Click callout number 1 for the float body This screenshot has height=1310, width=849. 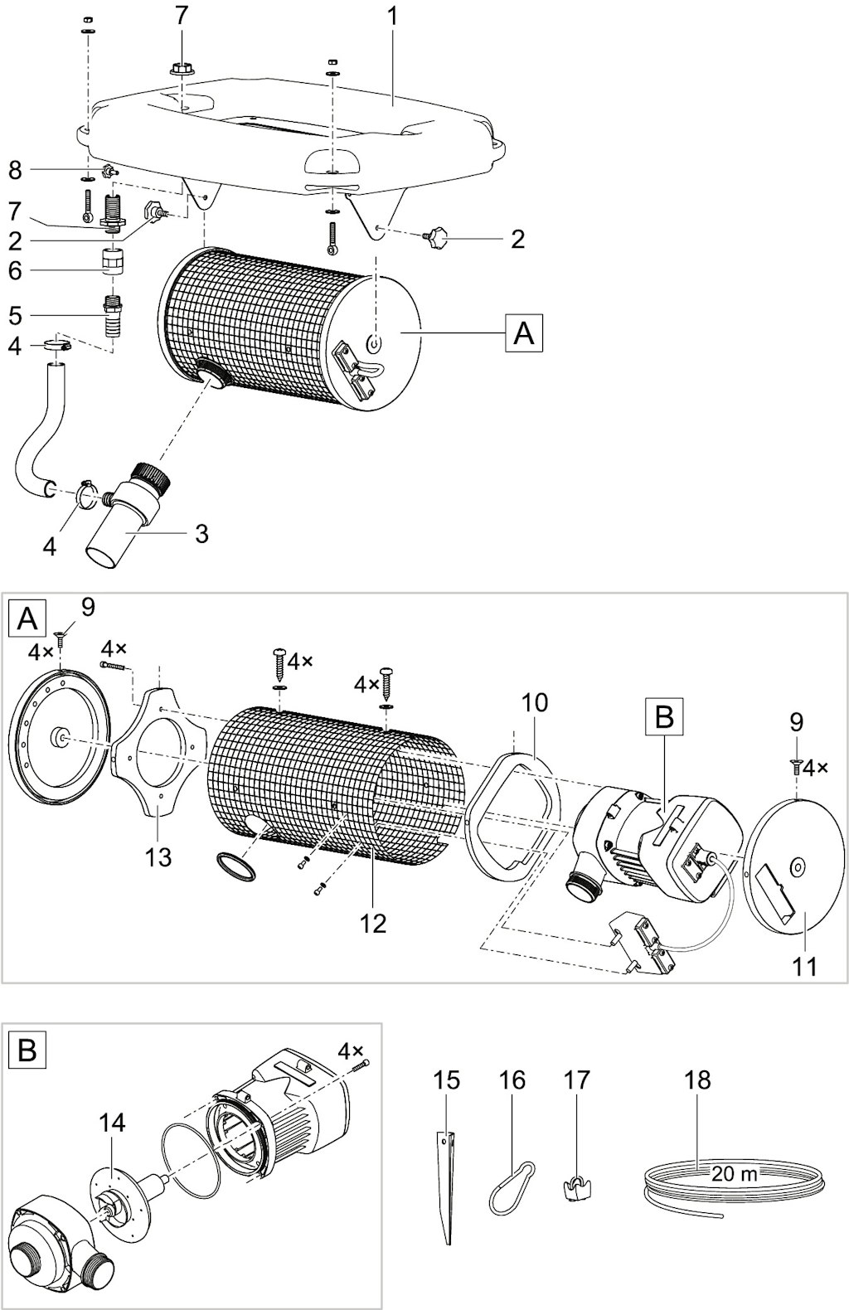click(392, 17)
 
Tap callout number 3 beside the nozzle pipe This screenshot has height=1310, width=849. click(201, 533)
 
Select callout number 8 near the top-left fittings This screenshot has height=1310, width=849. click(15, 171)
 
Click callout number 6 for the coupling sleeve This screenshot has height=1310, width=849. click(15, 271)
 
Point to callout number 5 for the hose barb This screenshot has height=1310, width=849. click(15, 316)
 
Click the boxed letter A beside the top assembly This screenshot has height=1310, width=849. click(523, 333)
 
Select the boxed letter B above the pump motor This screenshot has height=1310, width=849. click(664, 716)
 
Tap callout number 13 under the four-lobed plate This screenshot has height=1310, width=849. click(158, 857)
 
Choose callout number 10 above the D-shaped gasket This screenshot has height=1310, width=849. click(534, 704)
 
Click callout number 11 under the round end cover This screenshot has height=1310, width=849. click(804, 966)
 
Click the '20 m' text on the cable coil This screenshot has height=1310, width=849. click(735, 1174)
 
